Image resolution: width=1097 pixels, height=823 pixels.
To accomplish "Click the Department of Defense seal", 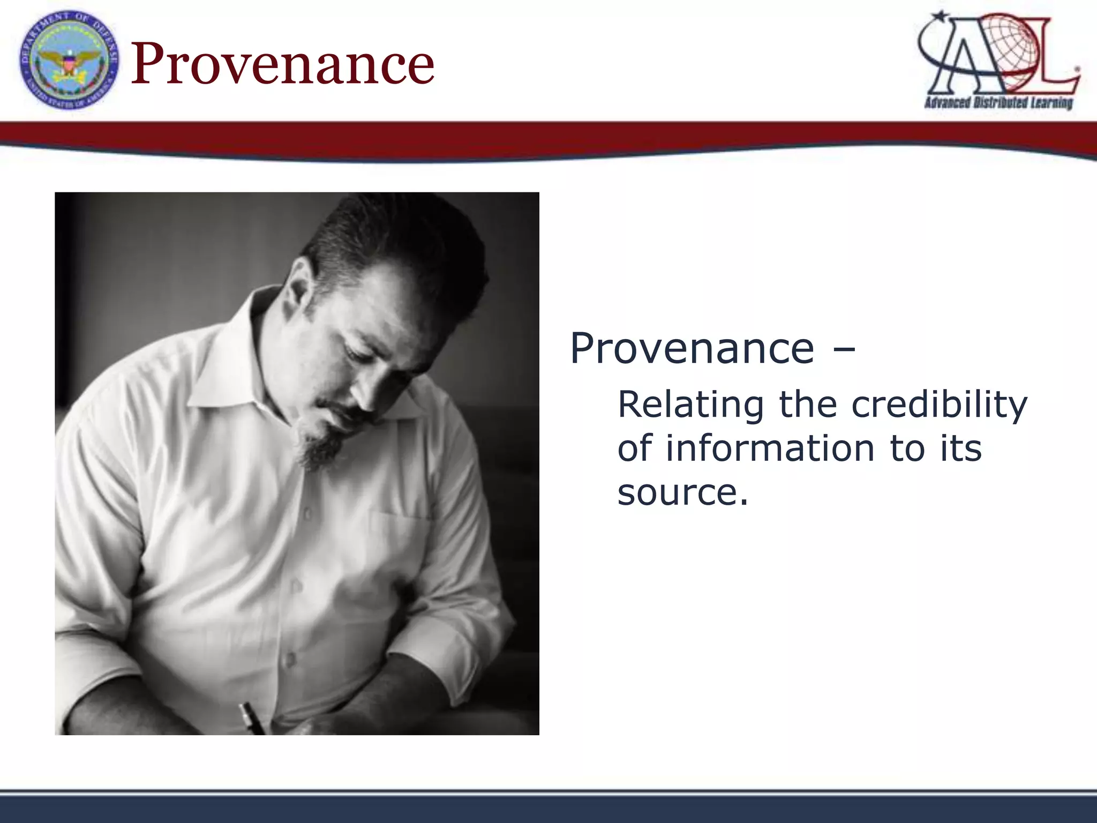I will point(69,60).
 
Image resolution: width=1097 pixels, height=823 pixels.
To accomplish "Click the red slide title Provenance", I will point(282,63).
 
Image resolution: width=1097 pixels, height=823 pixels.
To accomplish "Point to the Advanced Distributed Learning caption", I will point(998,102).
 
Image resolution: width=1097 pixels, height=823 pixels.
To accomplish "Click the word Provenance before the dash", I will point(692,348).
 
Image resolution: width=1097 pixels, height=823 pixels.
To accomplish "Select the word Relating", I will point(690,405).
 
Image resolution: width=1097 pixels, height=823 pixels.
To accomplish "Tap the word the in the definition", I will point(808,405).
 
